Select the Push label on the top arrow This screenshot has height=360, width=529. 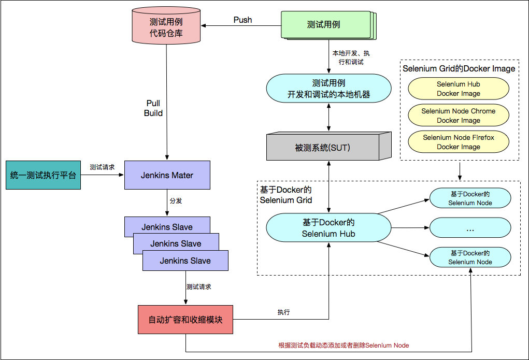(242, 20)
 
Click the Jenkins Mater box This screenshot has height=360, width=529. (167, 175)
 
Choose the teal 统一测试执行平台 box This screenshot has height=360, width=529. (43, 175)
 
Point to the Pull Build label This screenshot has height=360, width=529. (153, 108)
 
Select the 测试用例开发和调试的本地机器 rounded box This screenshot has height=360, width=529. (328, 89)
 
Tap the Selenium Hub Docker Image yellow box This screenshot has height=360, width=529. (459, 89)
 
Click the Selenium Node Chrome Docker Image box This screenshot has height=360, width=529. (459, 116)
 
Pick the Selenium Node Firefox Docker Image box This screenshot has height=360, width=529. (459, 142)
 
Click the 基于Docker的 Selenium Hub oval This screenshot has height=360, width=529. (328, 227)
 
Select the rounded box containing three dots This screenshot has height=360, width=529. (470, 227)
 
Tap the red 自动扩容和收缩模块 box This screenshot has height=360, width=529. (185, 320)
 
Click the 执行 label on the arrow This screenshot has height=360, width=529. (283, 312)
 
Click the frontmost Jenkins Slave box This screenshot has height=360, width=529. (185, 261)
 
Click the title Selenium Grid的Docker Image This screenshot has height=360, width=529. (459, 68)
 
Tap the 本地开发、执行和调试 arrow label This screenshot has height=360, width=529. (351, 57)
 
